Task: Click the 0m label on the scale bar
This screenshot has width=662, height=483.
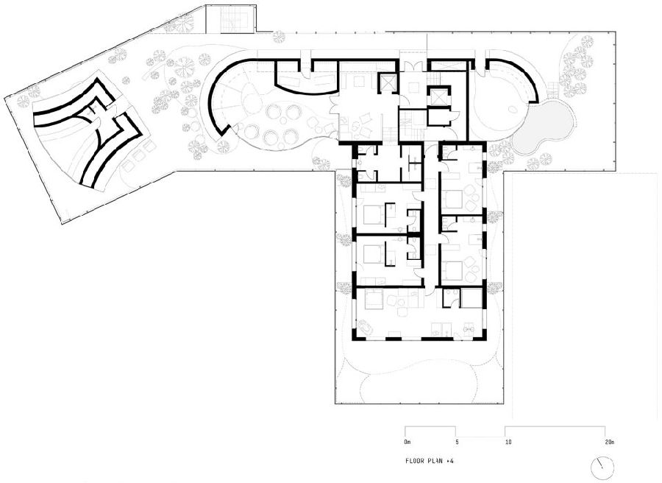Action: click(407, 443)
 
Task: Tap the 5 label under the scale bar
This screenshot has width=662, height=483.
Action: click(457, 443)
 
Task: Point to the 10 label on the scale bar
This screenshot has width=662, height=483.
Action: click(508, 443)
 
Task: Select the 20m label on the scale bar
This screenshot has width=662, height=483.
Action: click(609, 443)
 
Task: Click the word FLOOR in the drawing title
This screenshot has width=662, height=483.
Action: click(415, 461)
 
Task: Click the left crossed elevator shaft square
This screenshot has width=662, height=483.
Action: click(388, 82)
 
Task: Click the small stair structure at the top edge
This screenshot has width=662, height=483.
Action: click(230, 19)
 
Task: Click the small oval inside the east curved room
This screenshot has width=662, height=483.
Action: click(515, 110)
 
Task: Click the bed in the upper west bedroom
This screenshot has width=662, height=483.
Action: click(372, 214)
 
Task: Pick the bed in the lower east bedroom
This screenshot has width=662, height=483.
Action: click(452, 270)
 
